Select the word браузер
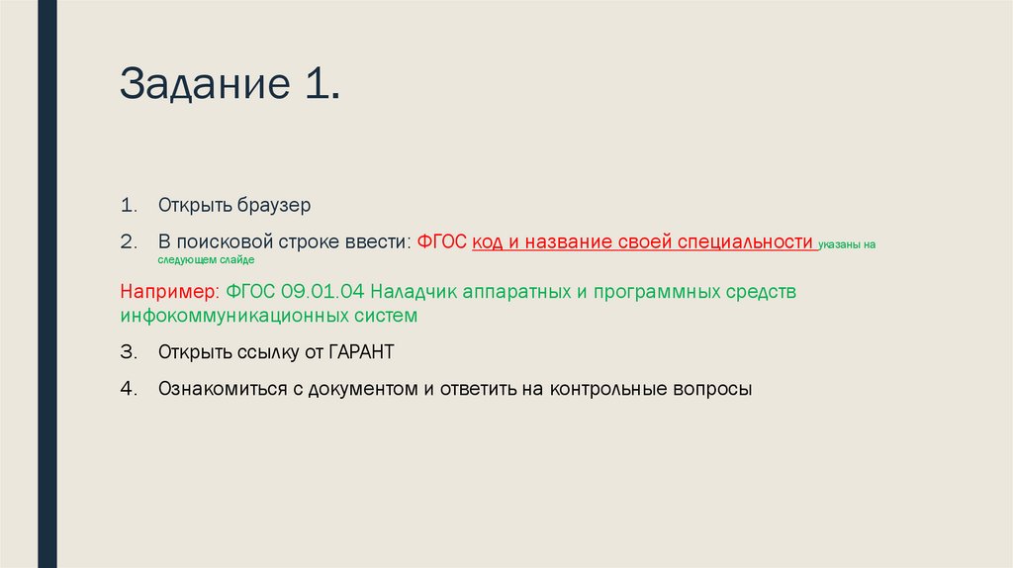point(273,206)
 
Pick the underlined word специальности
point(753,241)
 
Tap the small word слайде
point(237,259)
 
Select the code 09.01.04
point(322,293)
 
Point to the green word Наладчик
point(416,293)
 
